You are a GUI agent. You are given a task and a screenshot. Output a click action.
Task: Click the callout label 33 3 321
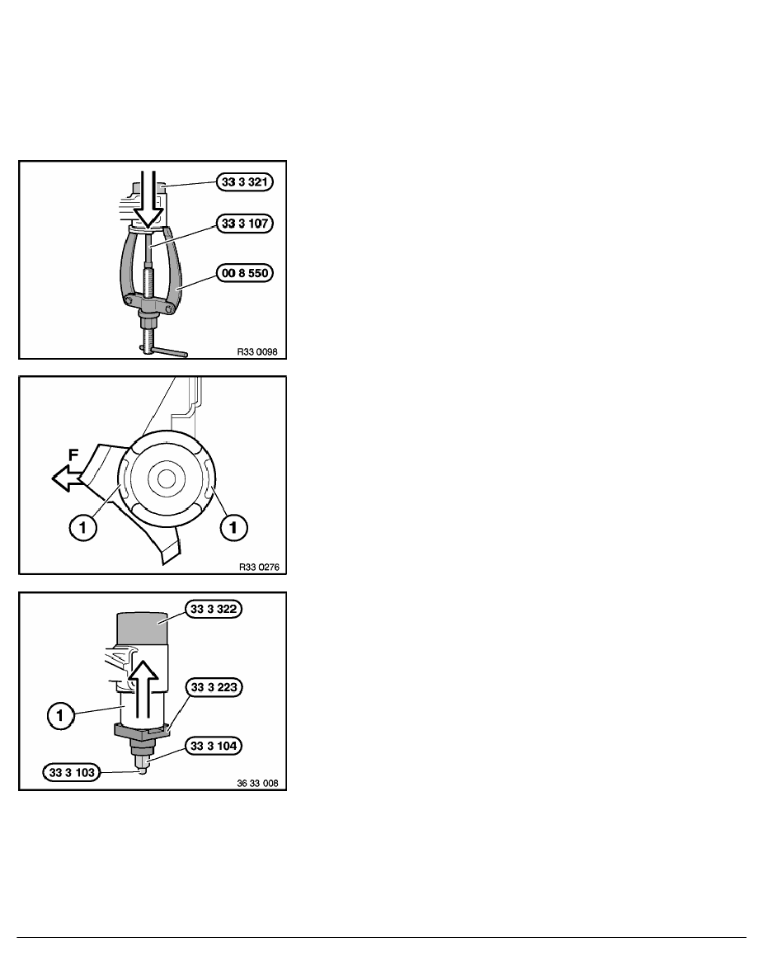click(245, 181)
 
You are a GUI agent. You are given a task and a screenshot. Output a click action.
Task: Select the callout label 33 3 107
click(245, 223)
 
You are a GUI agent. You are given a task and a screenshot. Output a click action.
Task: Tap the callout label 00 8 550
click(245, 272)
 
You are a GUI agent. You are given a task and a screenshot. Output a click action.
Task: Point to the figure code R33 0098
click(256, 352)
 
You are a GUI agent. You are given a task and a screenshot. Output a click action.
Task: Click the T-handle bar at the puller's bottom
click(167, 352)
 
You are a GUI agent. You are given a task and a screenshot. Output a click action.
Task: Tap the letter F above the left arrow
click(73, 455)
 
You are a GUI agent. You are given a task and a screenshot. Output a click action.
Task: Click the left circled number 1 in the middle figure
click(83, 528)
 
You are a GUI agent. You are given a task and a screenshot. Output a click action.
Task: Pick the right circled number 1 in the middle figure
click(233, 528)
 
